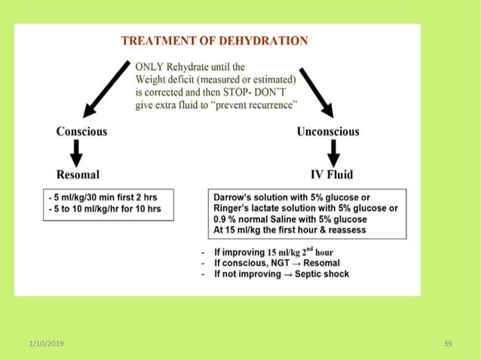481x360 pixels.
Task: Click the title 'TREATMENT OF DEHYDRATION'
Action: point(215,41)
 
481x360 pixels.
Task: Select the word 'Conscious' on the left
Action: point(81,132)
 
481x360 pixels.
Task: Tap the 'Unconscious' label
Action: point(328,132)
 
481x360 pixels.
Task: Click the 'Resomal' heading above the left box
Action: point(78,175)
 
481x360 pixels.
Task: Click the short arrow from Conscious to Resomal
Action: point(76,153)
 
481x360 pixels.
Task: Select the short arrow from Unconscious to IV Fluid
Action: point(333,153)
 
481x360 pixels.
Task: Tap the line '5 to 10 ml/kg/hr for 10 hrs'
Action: point(105,209)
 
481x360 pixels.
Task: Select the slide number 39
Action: point(448,343)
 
